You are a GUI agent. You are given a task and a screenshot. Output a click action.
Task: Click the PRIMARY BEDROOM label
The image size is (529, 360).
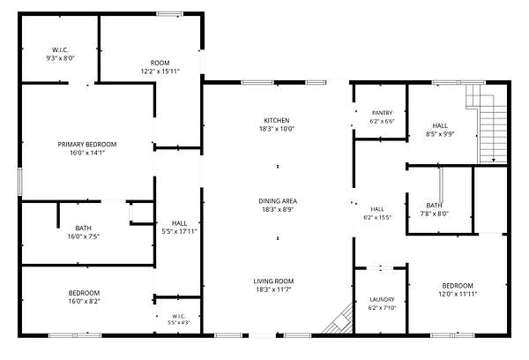pyautogui.click(x=87, y=145)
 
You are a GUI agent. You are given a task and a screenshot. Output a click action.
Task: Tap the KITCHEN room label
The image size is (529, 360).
pyautogui.click(x=277, y=121)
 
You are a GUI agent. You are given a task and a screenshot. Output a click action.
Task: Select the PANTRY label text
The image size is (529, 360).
pyautogui.click(x=383, y=113)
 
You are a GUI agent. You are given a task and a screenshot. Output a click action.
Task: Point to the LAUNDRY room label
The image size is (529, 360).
pyautogui.click(x=382, y=299)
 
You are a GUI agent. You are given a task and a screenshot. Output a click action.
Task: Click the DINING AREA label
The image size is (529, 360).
pyautogui.click(x=278, y=201)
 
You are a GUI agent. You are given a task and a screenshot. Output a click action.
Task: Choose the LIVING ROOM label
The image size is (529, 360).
pyautogui.click(x=273, y=281)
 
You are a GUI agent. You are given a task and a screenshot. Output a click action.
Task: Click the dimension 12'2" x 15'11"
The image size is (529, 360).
pyautogui.click(x=160, y=71)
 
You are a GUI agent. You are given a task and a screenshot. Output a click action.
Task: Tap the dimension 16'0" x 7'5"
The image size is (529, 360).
pyautogui.click(x=84, y=236)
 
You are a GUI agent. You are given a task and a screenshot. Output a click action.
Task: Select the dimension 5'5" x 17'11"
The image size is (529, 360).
pyautogui.click(x=180, y=231)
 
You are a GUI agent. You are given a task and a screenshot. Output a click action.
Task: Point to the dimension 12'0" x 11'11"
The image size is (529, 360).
pyautogui.click(x=458, y=294)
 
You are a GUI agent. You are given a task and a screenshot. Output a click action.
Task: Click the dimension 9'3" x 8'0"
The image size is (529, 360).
pyautogui.click(x=60, y=58)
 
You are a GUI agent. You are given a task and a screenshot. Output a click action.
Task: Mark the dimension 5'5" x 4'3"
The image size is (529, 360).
pyautogui.click(x=179, y=322)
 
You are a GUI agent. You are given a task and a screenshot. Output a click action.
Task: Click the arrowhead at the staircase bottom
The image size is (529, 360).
pyautogui.click(x=494, y=160)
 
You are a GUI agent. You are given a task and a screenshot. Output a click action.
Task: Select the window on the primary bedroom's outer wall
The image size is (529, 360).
pyautogui.click(x=19, y=182)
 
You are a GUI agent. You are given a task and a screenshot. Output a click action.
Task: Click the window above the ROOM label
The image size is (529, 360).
pyautogui.click(x=169, y=14)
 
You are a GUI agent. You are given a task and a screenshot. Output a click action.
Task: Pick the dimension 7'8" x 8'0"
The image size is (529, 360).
pyautogui.click(x=434, y=214)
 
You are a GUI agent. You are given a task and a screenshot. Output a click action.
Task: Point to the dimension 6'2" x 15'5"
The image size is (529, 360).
pyautogui.click(x=377, y=217)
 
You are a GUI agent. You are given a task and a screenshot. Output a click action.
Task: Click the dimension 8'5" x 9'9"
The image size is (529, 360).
pyautogui.click(x=440, y=133)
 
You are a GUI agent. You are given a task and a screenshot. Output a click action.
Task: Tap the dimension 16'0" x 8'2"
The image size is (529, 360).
pyautogui.click(x=84, y=301)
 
